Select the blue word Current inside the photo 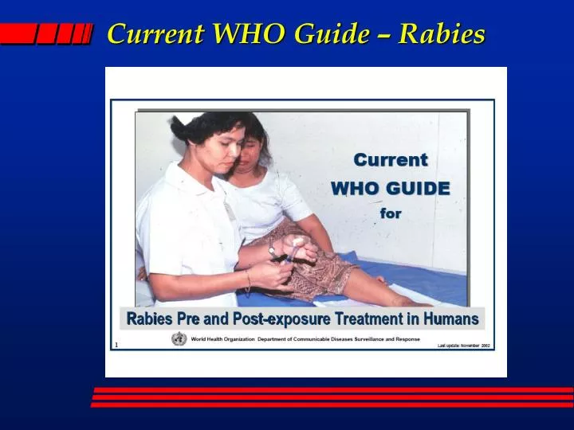coord(391,159)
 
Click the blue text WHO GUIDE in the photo coord(391,189)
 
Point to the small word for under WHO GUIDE coord(391,213)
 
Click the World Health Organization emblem coord(179,338)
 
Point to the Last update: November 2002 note coord(463,346)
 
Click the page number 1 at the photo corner coord(116,345)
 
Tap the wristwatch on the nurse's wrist coord(272,250)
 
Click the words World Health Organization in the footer coord(222,339)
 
